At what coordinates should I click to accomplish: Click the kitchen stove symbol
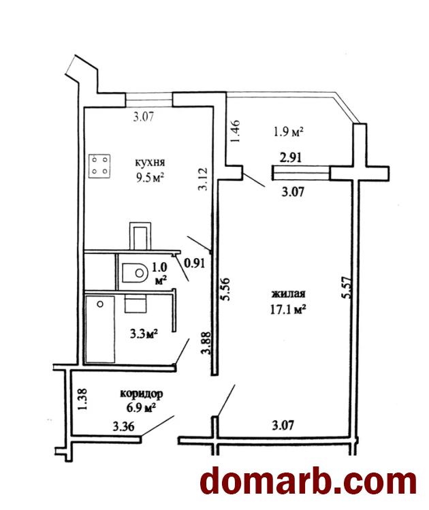tap(99, 166)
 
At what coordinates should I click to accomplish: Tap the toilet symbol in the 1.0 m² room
tap(133, 272)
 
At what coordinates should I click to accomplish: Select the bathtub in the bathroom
tap(100, 328)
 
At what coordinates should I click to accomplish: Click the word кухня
tap(150, 161)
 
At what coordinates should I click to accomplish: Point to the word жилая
tap(289, 293)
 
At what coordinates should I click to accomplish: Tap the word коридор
tap(142, 394)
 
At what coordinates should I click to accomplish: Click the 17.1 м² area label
tap(288, 309)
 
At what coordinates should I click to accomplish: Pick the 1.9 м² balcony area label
tap(289, 131)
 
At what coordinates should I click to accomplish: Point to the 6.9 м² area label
tap(141, 408)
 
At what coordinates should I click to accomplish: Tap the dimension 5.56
tap(225, 289)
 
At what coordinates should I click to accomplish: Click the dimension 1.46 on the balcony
tap(235, 131)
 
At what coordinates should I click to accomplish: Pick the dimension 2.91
tap(291, 158)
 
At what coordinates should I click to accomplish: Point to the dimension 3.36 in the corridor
tap(123, 426)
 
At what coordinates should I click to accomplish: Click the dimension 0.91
tap(195, 263)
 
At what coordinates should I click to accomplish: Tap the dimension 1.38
tap(84, 400)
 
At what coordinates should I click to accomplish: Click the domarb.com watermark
tap(308, 481)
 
